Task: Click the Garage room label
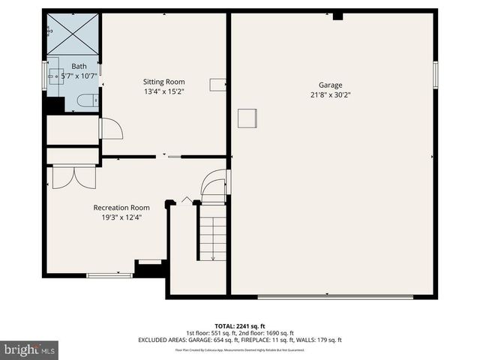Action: coord(330,85)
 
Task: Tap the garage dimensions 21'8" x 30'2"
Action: coord(330,95)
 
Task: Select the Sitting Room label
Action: coord(163,82)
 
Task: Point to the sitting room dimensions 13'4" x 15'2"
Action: coord(163,91)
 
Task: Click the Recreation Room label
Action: coord(121,208)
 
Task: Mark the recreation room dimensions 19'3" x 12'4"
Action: coord(121,217)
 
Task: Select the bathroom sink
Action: coord(55,76)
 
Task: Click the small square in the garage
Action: coord(247,118)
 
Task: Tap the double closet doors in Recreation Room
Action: coord(73,176)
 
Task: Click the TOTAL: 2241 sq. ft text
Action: coord(240,326)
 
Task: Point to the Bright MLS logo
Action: coord(30,349)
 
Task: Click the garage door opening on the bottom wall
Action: coord(335,296)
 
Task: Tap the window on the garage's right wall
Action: coord(435,75)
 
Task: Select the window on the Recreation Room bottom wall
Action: coord(109,276)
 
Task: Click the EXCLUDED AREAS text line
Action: coord(240,340)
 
